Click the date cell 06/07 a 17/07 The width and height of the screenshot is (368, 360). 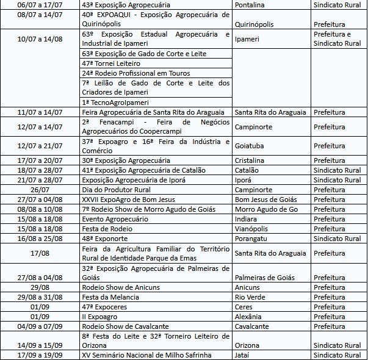point(40,4)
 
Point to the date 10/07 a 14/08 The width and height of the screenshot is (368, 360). point(40,38)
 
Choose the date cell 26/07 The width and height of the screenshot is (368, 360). point(40,190)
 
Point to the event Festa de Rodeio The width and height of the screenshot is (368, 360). point(106,228)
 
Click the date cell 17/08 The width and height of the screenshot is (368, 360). point(40,253)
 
